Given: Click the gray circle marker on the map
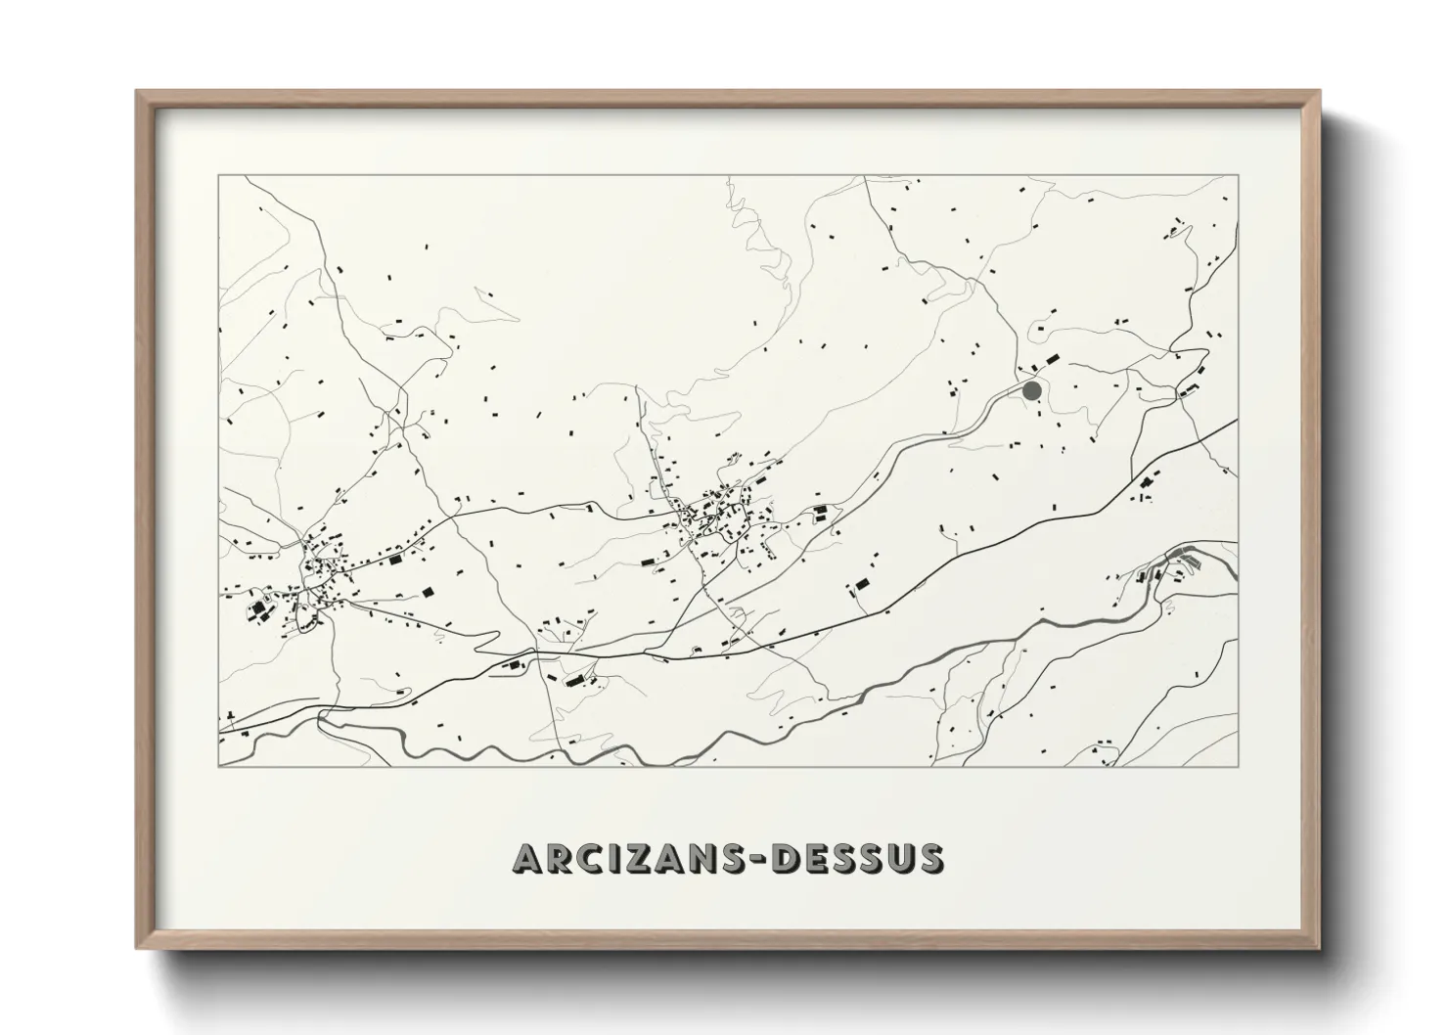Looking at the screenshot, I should [1031, 390].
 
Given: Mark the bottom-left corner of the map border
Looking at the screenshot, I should [219, 765].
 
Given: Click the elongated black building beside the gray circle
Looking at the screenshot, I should [1052, 361].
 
